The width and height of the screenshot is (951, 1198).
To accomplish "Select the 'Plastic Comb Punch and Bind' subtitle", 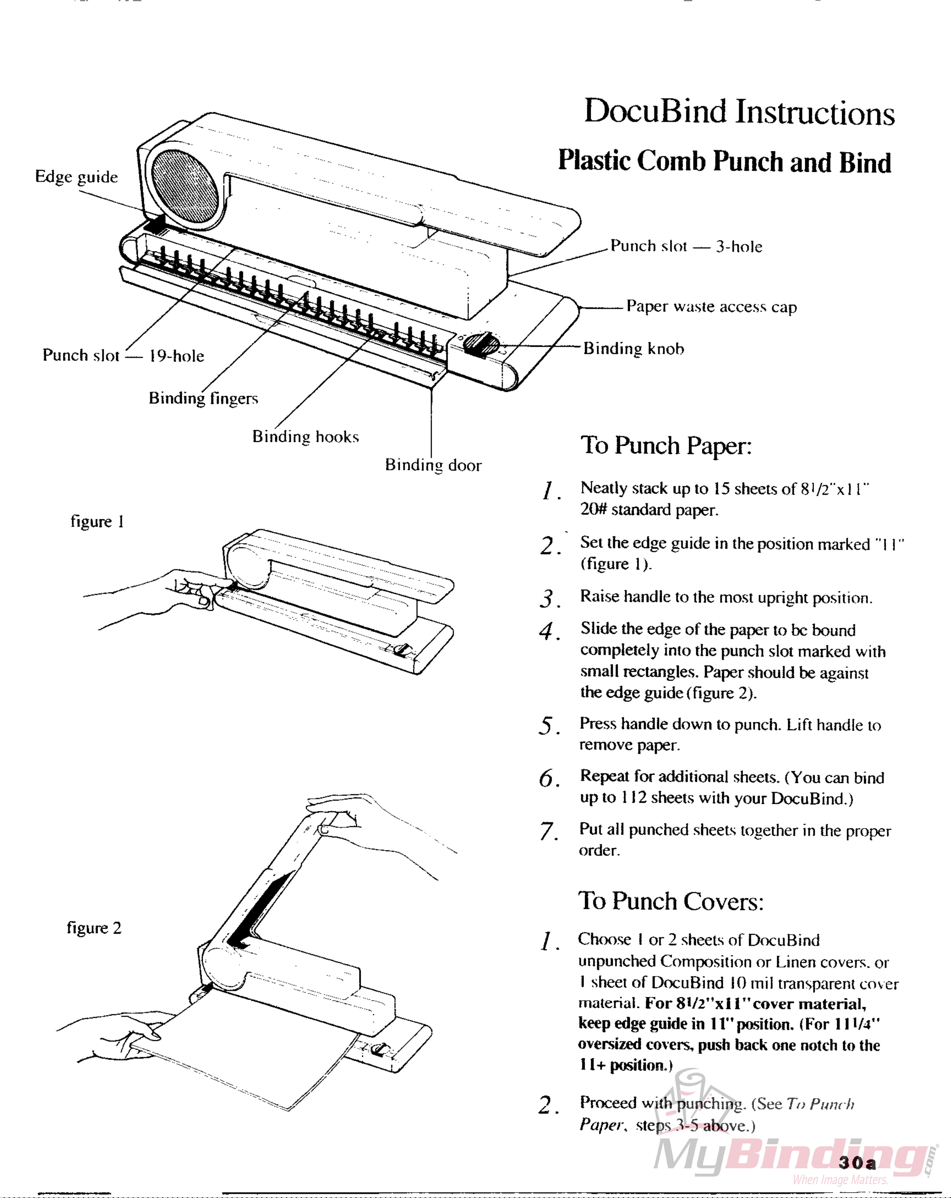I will pyautogui.click(x=724, y=162).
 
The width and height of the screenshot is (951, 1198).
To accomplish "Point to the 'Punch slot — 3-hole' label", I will pyautogui.click(x=686, y=246).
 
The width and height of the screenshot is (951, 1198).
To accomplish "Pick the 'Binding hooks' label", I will pyautogui.click(x=305, y=437).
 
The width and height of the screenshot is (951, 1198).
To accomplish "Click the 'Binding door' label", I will pyautogui.click(x=433, y=465).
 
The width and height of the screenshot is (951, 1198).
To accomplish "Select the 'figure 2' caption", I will pyautogui.click(x=94, y=928).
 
